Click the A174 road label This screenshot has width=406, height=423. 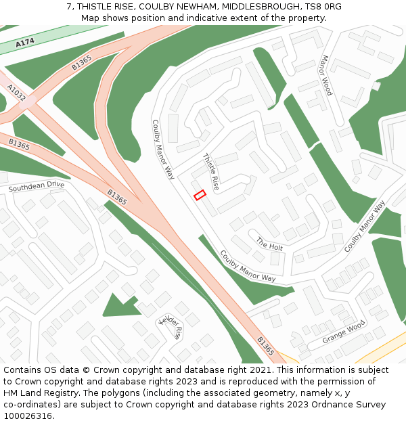(25, 42)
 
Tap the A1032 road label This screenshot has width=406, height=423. (16, 93)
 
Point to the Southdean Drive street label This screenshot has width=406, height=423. (37, 185)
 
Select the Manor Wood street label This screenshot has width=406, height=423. (326, 75)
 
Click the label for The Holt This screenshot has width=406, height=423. (269, 243)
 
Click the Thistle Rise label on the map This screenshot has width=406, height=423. (211, 171)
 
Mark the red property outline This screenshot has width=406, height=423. (200, 195)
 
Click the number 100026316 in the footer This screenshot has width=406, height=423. (29, 416)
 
